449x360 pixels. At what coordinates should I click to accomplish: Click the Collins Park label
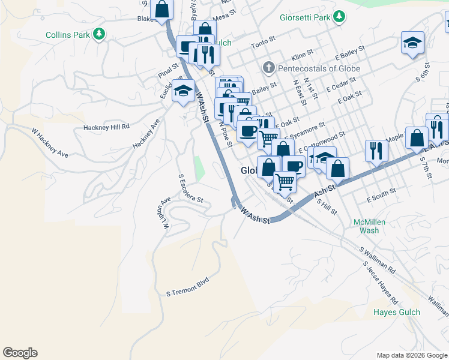67,35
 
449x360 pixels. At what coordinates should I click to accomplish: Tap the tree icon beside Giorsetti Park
340,17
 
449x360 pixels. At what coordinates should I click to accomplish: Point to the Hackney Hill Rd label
107,127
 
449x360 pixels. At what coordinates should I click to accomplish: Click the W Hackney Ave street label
50,143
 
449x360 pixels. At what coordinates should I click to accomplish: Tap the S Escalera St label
191,188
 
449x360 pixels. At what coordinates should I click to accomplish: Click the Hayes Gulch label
397,312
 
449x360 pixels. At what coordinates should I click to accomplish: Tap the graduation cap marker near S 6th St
412,43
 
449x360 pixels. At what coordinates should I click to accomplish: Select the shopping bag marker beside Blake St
161,10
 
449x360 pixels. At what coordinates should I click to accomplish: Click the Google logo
20,353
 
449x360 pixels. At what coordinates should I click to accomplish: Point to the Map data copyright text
412,355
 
